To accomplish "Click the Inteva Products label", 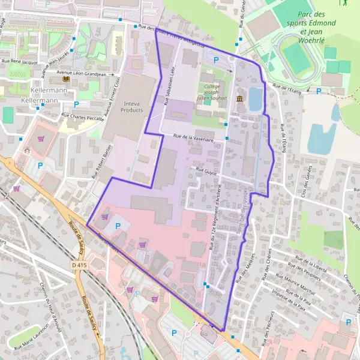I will tap(131, 106).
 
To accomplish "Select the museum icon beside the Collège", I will tap(240, 99).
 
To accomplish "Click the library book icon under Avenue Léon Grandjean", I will tap(65, 80).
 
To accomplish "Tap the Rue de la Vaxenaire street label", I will tap(193, 137).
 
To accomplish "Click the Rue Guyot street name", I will tap(206, 170).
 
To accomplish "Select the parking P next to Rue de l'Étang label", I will tap(319, 91).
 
